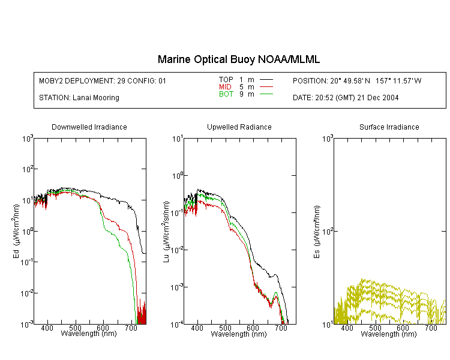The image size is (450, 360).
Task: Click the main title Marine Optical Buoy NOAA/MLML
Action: click(238, 59)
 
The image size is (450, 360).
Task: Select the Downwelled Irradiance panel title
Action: click(89, 127)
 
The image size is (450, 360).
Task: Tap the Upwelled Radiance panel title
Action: click(239, 127)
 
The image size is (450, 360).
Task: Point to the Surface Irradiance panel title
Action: click(389, 127)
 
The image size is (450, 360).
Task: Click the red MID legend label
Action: click(225, 86)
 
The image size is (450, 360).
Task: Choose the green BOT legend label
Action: click(226, 94)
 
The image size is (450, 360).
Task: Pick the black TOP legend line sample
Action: click(266, 80)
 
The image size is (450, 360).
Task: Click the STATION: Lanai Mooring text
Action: click(79, 98)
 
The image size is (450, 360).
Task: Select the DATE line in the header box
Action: click(346, 98)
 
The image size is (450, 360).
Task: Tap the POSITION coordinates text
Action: click(357, 80)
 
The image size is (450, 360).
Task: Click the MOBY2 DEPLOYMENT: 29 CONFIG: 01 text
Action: click(103, 80)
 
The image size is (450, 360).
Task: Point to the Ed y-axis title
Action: click(16, 232)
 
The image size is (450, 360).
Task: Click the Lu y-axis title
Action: click(166, 232)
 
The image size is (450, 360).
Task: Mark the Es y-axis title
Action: click(317, 232)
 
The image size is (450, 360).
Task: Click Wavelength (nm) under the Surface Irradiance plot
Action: click(389, 334)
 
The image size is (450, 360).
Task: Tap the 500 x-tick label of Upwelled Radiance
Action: click(225, 328)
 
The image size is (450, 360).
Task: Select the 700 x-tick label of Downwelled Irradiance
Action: click(131, 328)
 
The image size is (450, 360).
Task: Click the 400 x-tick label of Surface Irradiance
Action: click(347, 328)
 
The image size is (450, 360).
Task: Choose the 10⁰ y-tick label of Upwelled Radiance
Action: click(178, 175)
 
